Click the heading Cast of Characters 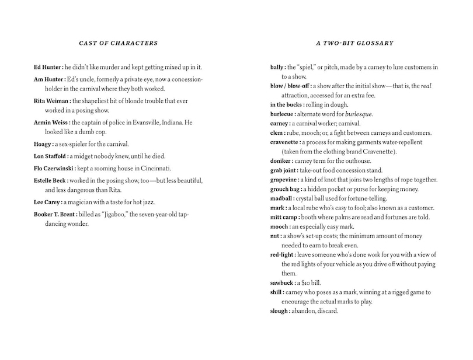point(118,43)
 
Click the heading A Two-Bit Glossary point(355,43)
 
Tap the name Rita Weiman point(50,101)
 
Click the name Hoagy point(43,144)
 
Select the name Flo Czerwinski point(53,169)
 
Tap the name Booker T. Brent point(55,214)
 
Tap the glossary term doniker point(280,161)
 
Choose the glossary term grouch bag point(284,189)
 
